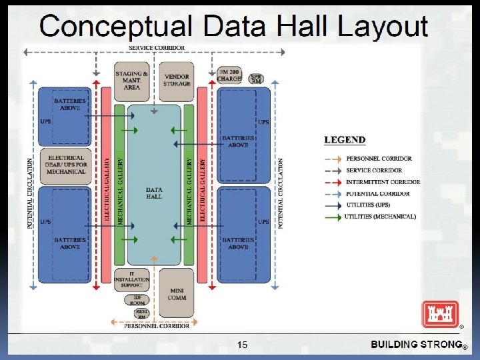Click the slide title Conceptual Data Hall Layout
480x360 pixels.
233,27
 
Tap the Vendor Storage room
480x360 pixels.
176,79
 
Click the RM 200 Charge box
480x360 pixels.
229,75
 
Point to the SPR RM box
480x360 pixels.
256,79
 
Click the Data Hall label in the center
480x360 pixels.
154,193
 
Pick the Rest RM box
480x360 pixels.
140,313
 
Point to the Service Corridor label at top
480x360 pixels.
157,48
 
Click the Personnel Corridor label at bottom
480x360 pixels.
157,326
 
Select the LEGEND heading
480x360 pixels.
345,140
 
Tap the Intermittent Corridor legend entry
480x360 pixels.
382,182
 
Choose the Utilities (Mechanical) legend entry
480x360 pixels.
380,217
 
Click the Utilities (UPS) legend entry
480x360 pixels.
369,205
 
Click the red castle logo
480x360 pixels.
439,313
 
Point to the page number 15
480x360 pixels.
242,345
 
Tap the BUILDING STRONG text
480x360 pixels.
416,345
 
